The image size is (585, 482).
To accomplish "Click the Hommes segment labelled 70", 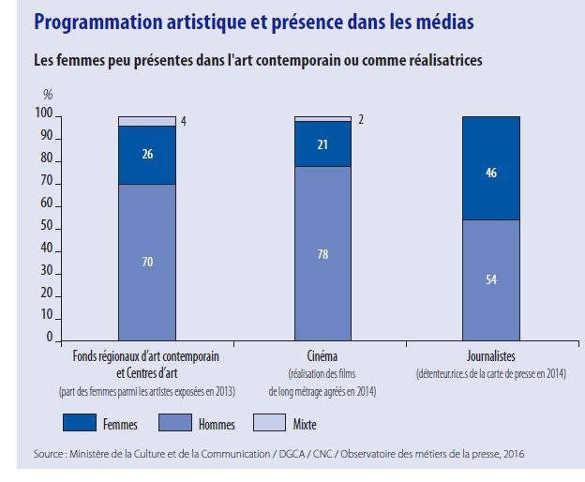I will click(146, 262).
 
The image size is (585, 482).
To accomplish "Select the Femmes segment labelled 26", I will click(146, 155).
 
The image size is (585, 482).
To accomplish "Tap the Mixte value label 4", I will click(184, 121).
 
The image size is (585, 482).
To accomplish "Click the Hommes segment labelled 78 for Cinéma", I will click(322, 253).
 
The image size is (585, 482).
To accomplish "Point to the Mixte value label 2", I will click(360, 119).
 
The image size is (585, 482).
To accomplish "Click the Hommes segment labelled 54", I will click(492, 279).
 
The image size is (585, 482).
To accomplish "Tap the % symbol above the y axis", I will click(48, 95).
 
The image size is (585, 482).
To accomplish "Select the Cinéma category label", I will click(322, 357).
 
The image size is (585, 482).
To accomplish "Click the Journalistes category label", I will click(492, 357).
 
